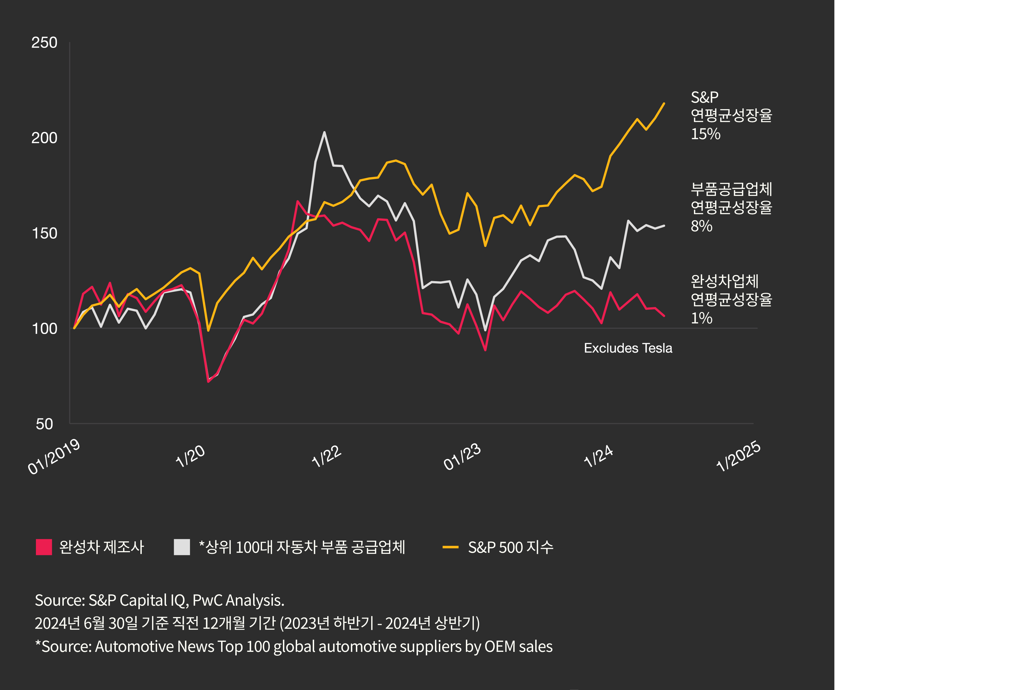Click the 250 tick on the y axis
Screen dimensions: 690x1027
pos(44,43)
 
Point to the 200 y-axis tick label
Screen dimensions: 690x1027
pos(44,138)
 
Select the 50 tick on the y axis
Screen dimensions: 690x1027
pos(44,424)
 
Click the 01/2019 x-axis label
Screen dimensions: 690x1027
pos(54,456)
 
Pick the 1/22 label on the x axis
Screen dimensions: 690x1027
pos(326,456)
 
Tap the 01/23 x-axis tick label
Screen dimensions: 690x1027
pos(462,456)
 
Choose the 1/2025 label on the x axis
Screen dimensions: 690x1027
pos(738,456)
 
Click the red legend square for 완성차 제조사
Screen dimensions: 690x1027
pos(43,547)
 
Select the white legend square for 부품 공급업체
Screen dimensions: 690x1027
pos(182,547)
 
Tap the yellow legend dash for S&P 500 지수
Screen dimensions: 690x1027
pos(450,547)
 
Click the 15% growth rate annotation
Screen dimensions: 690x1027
pos(705,134)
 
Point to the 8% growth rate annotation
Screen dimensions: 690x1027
pos(701,226)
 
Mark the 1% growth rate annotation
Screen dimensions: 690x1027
pos(701,318)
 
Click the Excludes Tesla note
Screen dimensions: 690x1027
pos(628,348)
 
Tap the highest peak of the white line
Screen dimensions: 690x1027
pos(324,132)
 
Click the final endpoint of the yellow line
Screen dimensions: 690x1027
pos(664,104)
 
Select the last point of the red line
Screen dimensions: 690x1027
pos(664,316)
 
